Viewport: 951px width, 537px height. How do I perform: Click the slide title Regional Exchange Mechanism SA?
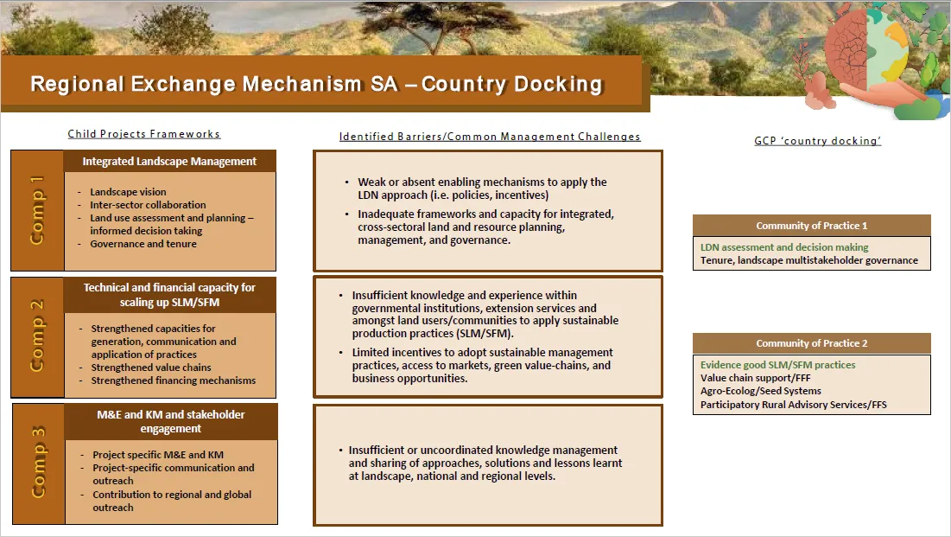click(316, 84)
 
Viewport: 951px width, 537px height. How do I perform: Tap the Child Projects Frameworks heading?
click(144, 134)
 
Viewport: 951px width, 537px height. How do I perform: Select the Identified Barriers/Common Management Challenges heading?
click(490, 137)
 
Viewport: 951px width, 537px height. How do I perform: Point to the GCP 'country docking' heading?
click(817, 141)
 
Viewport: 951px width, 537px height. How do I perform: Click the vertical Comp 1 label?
click(37, 210)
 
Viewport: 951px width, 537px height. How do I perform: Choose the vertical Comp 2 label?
click(37, 336)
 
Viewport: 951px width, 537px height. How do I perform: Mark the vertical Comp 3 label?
click(39, 463)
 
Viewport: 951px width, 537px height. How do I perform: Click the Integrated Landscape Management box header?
click(169, 161)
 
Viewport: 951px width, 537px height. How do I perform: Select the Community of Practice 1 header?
click(811, 226)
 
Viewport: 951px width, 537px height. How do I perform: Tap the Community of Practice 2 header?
click(811, 343)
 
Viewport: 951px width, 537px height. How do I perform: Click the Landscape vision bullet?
click(128, 192)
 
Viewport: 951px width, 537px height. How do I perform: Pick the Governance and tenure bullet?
click(143, 244)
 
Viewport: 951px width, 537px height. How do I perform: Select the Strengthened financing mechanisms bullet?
click(173, 380)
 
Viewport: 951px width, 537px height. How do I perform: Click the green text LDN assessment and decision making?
click(783, 247)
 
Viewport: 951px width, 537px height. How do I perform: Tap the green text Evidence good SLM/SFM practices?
click(777, 365)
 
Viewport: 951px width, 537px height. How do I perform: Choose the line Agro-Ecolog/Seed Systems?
click(760, 391)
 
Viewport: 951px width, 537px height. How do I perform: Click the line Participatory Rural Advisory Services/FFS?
click(793, 405)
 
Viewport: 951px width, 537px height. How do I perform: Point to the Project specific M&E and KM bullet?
click(157, 455)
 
